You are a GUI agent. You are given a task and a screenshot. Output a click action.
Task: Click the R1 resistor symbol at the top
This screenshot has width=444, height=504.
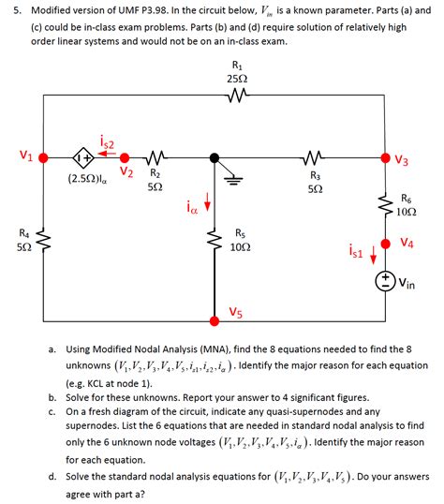[x=236, y=96]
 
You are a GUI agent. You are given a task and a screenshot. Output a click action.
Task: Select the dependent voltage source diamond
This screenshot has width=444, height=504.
[x=83, y=158]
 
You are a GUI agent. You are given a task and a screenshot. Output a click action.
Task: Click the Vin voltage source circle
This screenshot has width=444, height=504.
[x=385, y=279]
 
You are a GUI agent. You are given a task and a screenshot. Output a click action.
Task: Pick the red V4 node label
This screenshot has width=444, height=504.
[x=407, y=243]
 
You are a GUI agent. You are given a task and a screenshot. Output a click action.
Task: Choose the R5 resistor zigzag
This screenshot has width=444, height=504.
[x=216, y=243]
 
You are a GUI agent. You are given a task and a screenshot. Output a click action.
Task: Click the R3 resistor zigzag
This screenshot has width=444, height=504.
[x=316, y=157]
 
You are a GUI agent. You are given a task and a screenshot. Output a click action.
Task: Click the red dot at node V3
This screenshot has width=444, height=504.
[x=384, y=157]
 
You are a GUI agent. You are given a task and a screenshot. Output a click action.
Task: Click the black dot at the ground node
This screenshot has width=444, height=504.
[x=215, y=157]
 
